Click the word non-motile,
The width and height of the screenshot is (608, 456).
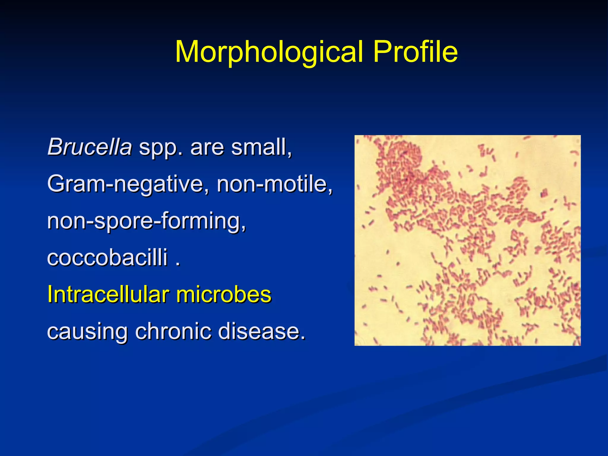click(x=275, y=184)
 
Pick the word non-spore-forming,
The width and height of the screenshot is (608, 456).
click(x=147, y=221)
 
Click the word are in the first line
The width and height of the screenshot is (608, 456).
click(x=207, y=148)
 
